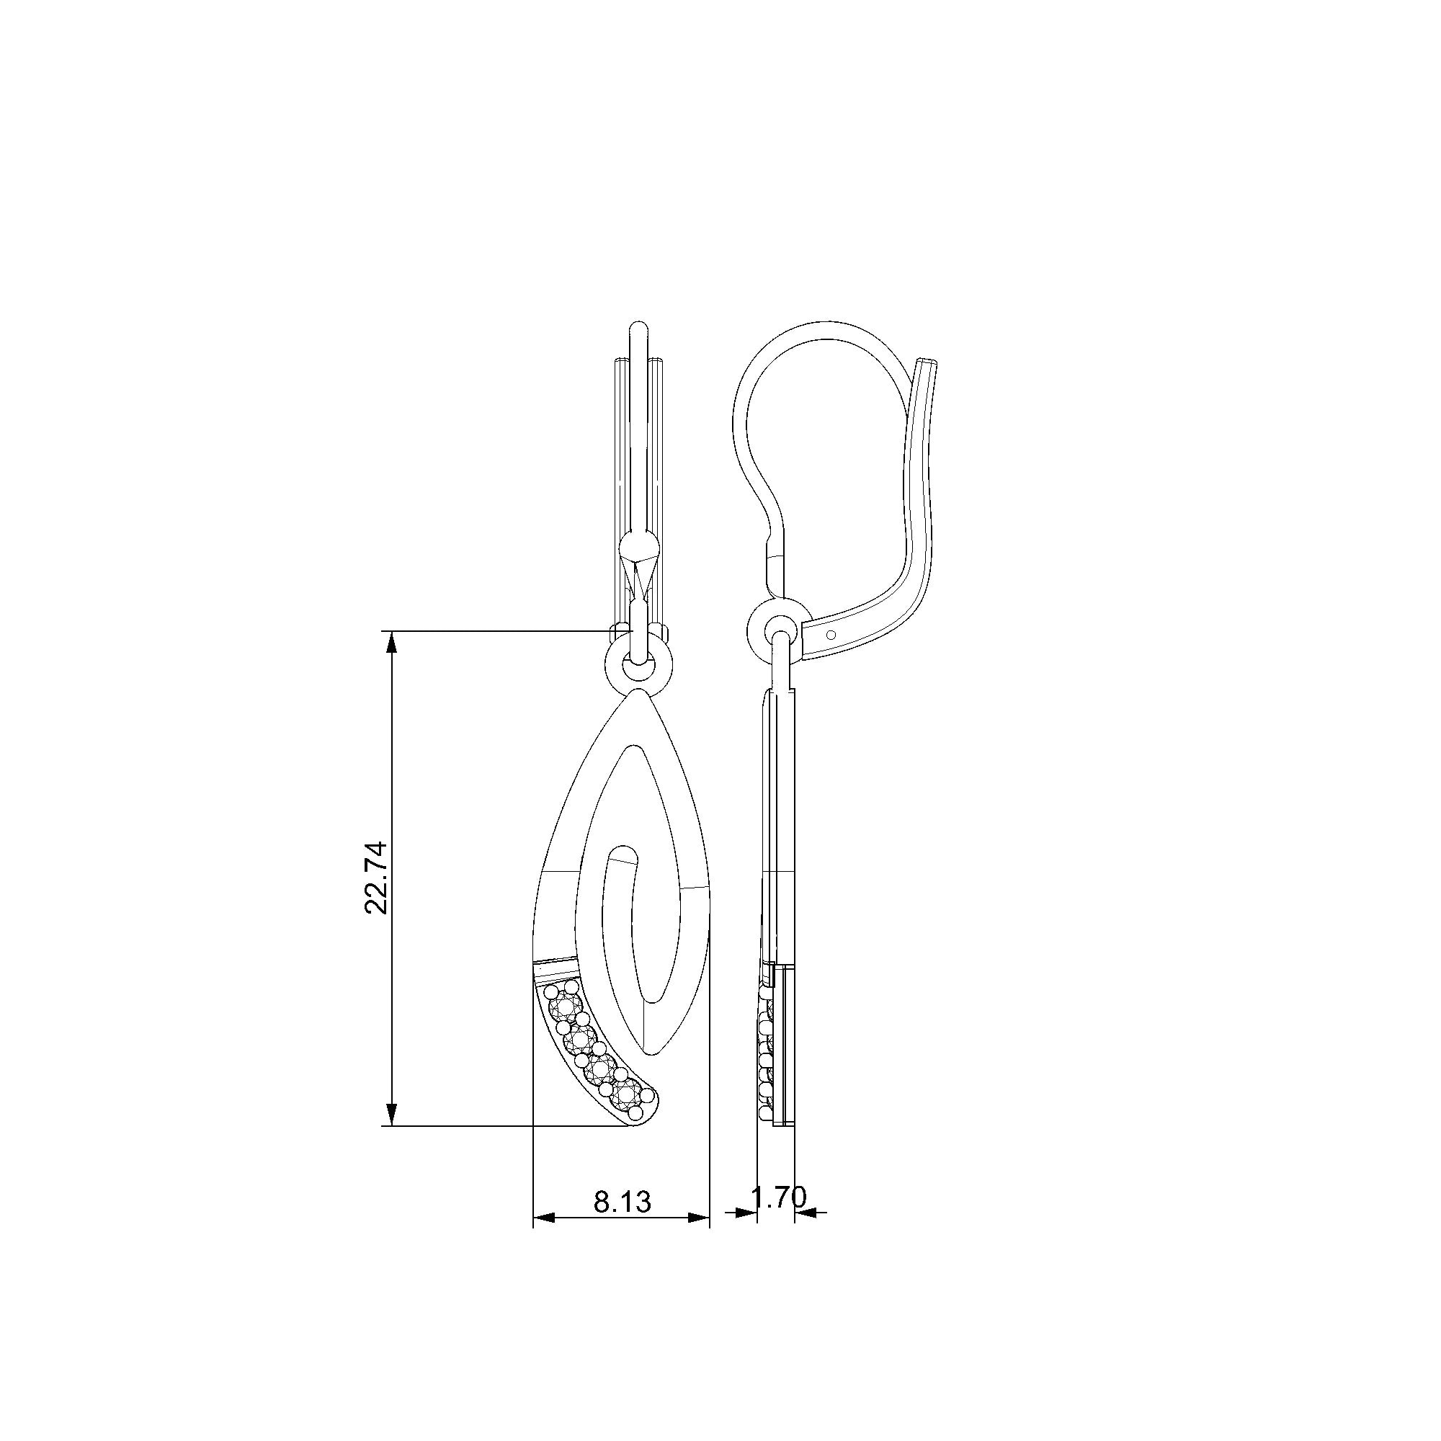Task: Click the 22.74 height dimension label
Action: (x=376, y=877)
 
